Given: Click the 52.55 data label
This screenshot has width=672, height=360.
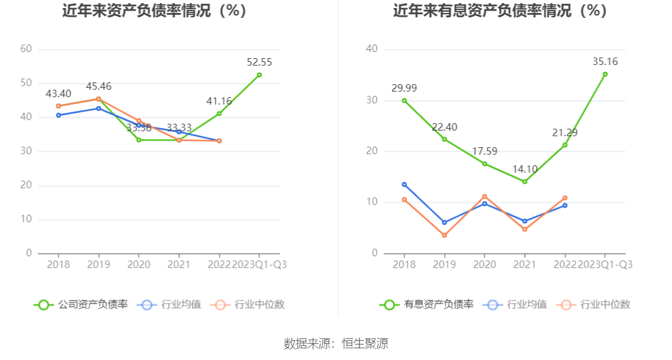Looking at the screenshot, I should (x=259, y=62).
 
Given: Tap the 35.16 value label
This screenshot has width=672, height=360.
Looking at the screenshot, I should (x=605, y=61).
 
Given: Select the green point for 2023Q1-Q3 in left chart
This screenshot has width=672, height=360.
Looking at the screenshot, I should (x=259, y=75).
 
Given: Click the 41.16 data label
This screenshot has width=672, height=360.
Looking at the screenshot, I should (x=219, y=101).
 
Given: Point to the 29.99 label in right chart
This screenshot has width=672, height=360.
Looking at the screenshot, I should (x=404, y=88).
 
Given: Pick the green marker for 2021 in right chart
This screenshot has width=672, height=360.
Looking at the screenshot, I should (x=525, y=181).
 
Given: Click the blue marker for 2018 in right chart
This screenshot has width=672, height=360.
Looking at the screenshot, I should (x=404, y=184).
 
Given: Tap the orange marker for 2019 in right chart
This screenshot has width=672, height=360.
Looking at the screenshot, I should (x=444, y=235).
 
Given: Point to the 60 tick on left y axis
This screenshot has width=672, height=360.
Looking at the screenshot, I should (x=26, y=49).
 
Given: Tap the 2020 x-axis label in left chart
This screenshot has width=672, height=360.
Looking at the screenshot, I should (x=139, y=264).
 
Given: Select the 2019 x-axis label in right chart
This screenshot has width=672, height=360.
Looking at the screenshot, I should (x=444, y=264).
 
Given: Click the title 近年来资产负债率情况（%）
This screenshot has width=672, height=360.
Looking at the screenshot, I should (x=155, y=11).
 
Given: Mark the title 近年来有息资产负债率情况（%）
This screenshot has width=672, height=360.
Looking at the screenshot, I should (x=500, y=11).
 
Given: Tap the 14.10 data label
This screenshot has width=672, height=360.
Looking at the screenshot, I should (x=525, y=169).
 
